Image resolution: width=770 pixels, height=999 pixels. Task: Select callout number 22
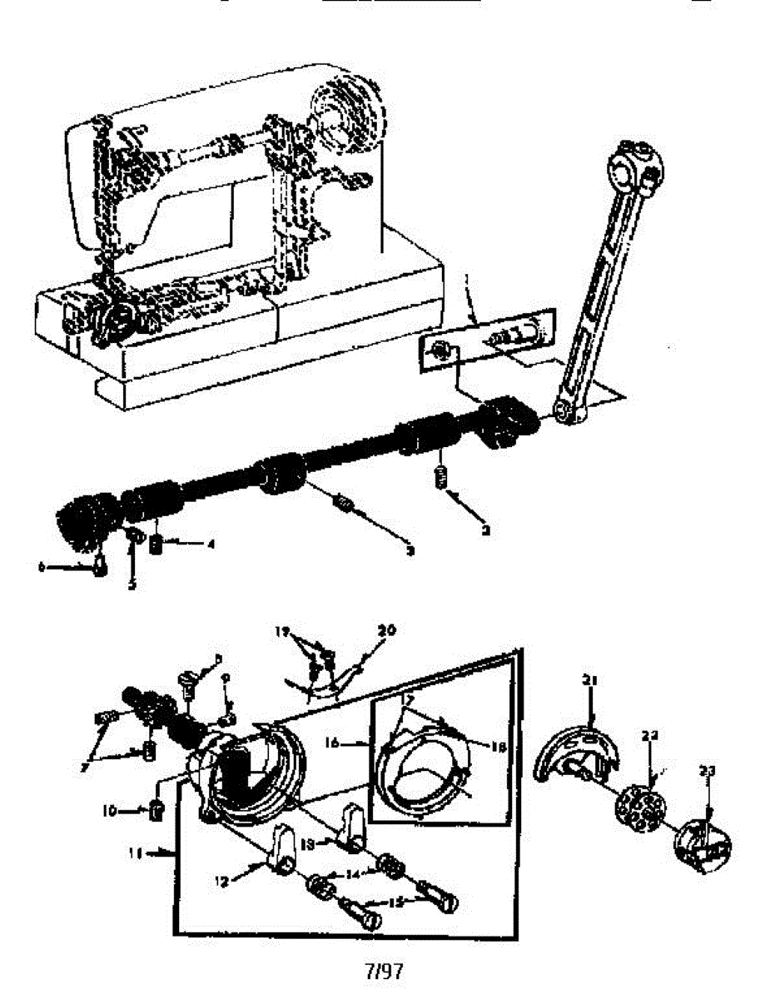point(650,736)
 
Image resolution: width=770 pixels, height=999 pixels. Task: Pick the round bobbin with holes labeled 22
point(642,807)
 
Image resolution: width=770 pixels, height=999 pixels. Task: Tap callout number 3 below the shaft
point(409,550)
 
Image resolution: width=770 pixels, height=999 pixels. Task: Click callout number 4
point(211,544)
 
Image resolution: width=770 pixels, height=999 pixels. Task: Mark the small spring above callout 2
point(440,479)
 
